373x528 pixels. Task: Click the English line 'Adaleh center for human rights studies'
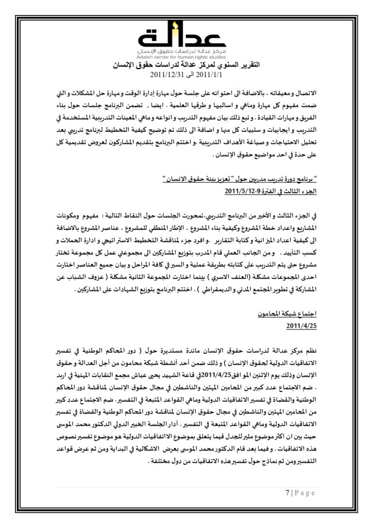(186, 57)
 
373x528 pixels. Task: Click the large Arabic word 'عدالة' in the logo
(186, 37)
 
